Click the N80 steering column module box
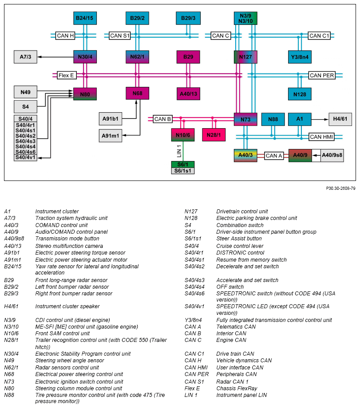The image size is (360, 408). point(85,94)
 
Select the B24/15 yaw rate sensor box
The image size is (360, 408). point(85,18)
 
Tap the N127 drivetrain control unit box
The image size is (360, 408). point(245,57)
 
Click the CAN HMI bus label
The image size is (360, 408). point(321,137)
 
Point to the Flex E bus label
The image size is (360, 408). point(67,75)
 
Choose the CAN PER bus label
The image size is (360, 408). point(322,75)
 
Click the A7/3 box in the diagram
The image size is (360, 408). point(25,57)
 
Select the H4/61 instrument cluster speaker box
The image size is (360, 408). point(340,119)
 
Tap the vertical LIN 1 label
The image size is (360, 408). point(179,151)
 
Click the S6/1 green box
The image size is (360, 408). point(183,165)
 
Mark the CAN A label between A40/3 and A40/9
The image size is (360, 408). point(274,156)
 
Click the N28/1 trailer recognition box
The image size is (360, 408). point(214,135)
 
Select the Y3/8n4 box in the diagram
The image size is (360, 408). point(300,57)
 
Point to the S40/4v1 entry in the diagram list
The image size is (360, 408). point(25,157)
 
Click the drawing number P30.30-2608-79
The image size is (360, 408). point(340,188)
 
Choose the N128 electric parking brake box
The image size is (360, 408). point(300,94)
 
